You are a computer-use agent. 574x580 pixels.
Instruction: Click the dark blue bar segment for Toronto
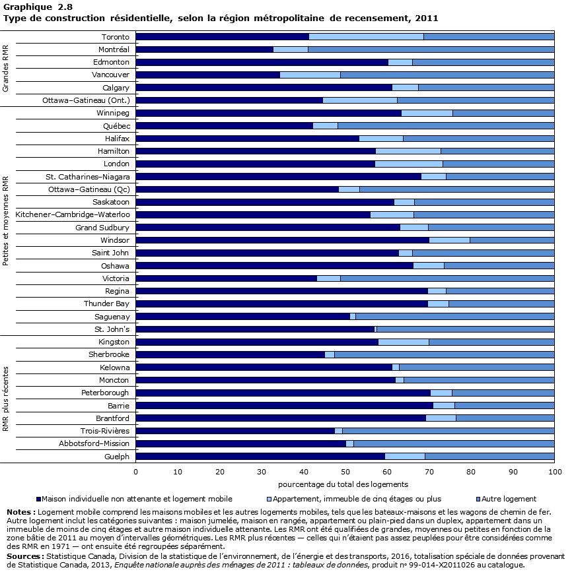point(222,37)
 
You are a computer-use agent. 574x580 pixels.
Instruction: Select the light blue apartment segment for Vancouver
point(310,75)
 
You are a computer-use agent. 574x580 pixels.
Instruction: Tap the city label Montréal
point(114,49)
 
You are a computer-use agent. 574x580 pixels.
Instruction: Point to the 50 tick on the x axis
point(345,472)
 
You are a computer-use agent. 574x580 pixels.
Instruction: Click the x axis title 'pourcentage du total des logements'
point(345,484)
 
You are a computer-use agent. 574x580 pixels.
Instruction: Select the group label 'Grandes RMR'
point(6,69)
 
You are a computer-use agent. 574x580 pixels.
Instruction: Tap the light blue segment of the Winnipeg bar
point(427,113)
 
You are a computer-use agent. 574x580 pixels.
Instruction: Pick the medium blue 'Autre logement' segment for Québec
point(446,125)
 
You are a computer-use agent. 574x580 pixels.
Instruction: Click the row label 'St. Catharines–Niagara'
point(87,176)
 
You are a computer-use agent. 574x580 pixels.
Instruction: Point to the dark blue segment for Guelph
point(260,456)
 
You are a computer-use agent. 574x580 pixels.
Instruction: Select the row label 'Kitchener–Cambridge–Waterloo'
point(73,214)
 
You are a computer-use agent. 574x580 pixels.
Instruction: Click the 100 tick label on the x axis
point(555,472)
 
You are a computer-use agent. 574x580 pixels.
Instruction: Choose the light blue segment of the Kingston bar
point(403,342)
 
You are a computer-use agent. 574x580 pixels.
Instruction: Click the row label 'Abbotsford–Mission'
point(96,443)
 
